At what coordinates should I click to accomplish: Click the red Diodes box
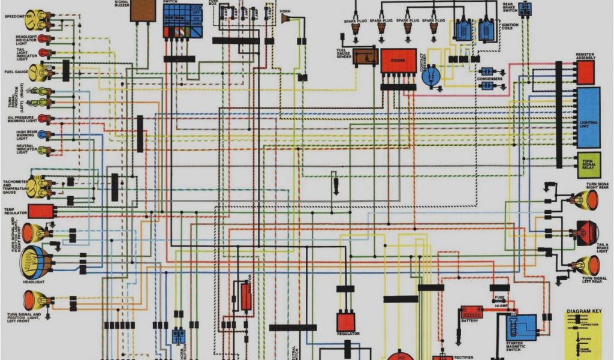coord(398,61)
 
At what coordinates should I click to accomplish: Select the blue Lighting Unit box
coord(588,118)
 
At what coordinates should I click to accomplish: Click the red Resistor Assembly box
coord(585,72)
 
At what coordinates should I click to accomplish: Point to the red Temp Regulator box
coord(41,211)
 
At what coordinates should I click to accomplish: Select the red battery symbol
coord(472,313)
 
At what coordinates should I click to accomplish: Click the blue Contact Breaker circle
coord(431,76)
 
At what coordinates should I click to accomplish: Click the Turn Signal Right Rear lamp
coord(586,200)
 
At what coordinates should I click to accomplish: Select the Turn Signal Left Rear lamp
coord(587,265)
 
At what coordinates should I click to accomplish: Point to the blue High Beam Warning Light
coord(43,134)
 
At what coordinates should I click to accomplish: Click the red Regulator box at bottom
coord(345,321)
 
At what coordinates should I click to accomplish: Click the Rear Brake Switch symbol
coord(526,10)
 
